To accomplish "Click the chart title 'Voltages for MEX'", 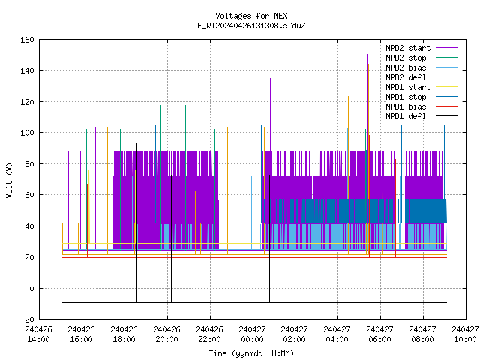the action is tap(251, 16).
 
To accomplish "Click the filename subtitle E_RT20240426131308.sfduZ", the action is tap(251, 25).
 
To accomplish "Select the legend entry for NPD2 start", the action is tap(421, 48).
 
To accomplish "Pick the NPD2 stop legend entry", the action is tap(421, 58).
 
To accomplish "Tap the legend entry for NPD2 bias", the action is tap(421, 67).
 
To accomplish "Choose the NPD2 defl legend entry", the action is tap(421, 77).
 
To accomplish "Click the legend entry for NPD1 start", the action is tap(421, 87).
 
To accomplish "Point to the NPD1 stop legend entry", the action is tap(421, 97).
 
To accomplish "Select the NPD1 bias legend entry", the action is tap(421, 106).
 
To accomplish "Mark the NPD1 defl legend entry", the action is tap(421, 116).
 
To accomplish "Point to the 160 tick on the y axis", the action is tap(27, 40).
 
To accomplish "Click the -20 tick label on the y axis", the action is tap(27, 319).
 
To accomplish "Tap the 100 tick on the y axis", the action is tap(27, 133).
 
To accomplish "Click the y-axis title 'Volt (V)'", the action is tap(10, 180).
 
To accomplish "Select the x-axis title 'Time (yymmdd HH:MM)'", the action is tap(251, 353).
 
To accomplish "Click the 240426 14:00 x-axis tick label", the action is tap(38, 334).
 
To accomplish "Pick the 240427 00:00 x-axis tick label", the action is tap(252, 334).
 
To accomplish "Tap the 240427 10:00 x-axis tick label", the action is tap(465, 334).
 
